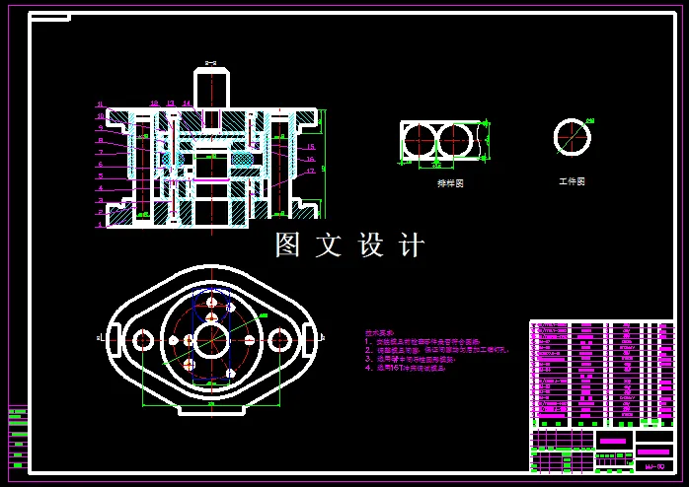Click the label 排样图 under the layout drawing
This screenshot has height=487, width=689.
[x=450, y=183]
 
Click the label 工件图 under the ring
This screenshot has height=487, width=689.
[x=572, y=182]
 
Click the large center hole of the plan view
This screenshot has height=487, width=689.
[x=211, y=341]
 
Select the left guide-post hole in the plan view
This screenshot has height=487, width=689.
[x=143, y=340]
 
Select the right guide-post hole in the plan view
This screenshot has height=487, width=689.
[x=279, y=340]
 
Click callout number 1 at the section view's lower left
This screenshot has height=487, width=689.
[x=100, y=225]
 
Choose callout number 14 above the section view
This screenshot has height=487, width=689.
[x=186, y=104]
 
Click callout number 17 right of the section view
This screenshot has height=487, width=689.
[x=310, y=172]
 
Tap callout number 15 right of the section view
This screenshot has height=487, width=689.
[x=310, y=146]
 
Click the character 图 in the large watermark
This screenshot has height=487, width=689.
[x=287, y=244]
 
